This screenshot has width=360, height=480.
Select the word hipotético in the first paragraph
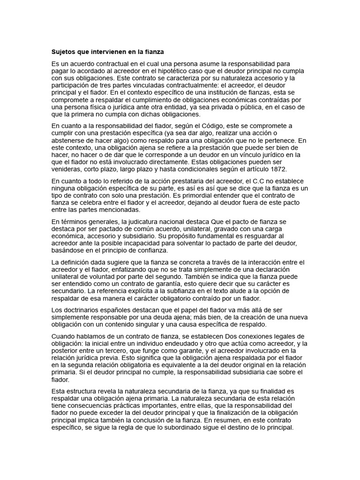tap(169, 70)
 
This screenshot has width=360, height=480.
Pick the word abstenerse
tap(69, 140)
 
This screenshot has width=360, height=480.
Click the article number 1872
tap(277, 169)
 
